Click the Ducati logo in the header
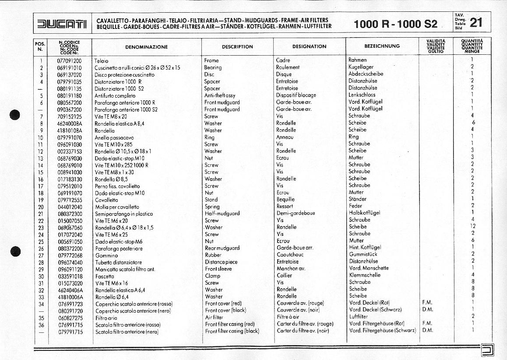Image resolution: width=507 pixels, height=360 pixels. tap(62, 23)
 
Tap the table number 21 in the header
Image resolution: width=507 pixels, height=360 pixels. tap(476, 23)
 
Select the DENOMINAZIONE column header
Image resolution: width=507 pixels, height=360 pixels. tap(146, 46)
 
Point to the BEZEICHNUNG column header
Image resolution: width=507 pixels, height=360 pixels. tap(382, 46)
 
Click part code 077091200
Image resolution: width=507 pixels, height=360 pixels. tap(69, 60)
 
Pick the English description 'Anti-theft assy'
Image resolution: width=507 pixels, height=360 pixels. tap(219, 95)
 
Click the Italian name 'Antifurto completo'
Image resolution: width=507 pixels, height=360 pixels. tap(115, 95)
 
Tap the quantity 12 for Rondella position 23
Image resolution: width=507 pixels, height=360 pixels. tap(473, 226)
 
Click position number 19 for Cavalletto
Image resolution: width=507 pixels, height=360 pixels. tap(41, 200)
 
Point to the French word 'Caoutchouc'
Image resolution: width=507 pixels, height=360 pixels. tap(290, 255)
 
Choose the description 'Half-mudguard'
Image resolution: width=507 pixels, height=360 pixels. tap(222, 214)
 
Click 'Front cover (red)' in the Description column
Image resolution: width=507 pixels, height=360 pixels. tap(223, 304)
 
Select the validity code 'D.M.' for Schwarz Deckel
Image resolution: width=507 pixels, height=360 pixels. tap(427, 310)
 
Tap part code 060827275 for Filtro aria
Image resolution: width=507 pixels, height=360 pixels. tap(70, 318)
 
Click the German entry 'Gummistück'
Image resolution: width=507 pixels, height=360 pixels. tap(363, 254)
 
